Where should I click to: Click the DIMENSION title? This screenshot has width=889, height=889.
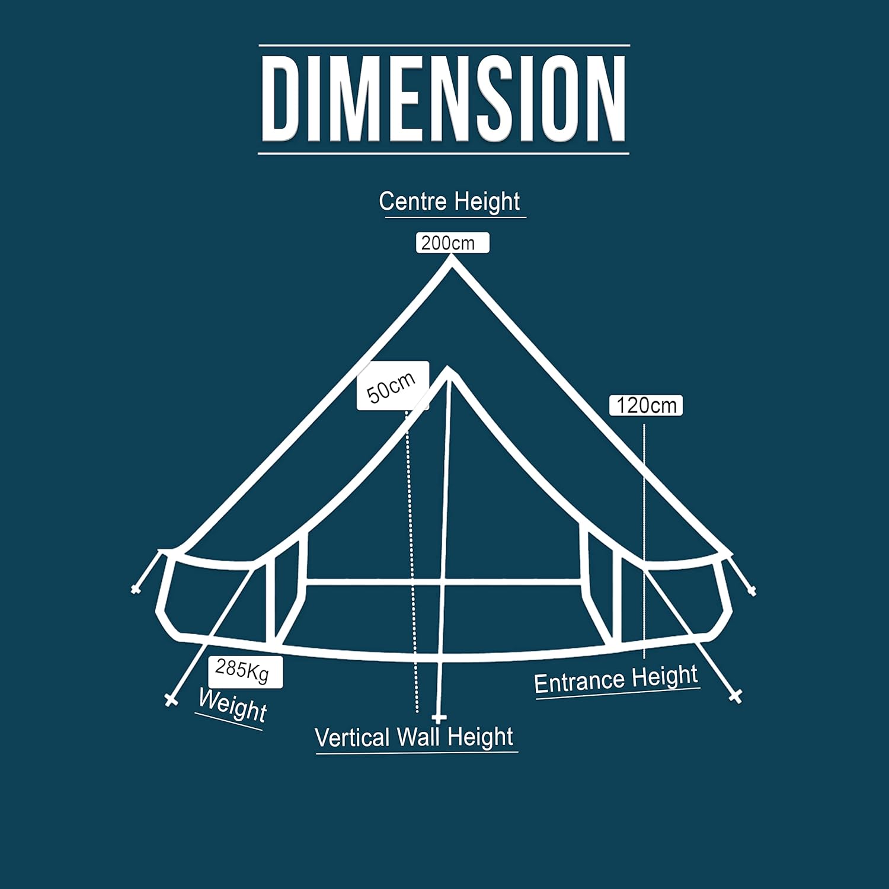[443, 99]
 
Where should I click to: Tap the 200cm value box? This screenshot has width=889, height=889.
[452, 243]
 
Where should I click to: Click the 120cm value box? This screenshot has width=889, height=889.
[646, 405]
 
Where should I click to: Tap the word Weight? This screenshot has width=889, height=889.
[232, 705]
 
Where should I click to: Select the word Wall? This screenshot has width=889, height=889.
[420, 737]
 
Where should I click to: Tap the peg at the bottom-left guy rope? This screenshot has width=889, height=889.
[171, 701]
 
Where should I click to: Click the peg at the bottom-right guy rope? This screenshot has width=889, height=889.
[735, 696]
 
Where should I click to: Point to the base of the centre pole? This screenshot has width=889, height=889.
[439, 718]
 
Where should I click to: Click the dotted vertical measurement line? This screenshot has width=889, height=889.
[412, 563]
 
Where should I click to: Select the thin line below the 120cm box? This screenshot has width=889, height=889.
[644, 533]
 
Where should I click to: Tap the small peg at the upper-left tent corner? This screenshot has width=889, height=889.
[136, 589]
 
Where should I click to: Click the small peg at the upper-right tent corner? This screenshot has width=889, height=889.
[752, 590]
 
